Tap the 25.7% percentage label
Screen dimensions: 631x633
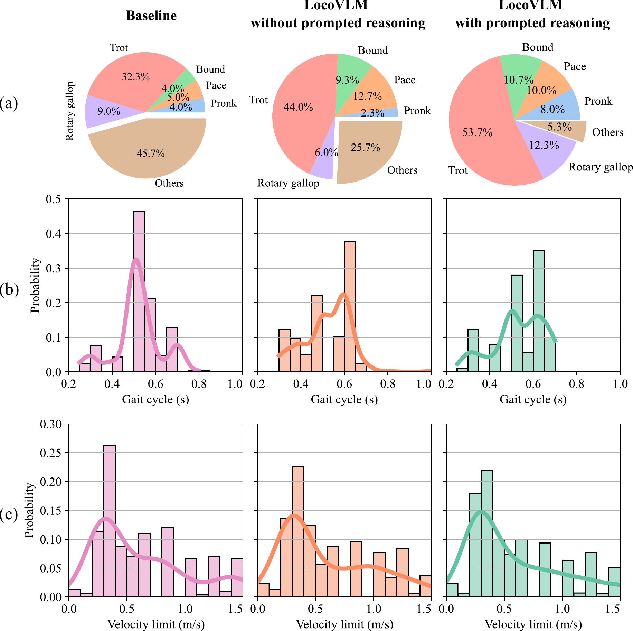[x=365, y=148]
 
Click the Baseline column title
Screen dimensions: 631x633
[x=151, y=16]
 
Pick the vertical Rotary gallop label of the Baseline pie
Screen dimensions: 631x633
[x=70, y=111]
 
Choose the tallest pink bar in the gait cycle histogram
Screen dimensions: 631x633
[x=139, y=290]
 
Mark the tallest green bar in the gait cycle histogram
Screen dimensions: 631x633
[x=539, y=311]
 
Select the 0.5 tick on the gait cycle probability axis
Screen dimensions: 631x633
[x=53, y=199]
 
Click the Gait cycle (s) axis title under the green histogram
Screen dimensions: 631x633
[x=533, y=400]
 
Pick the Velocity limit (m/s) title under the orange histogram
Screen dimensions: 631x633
[x=344, y=624]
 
